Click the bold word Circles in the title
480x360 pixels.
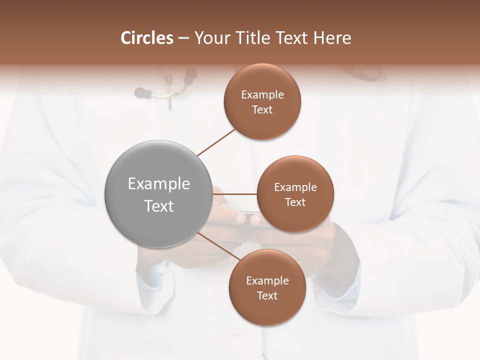pyautogui.click(x=146, y=38)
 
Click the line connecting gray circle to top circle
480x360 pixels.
pyautogui.click(x=216, y=142)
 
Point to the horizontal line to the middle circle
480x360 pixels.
pyautogui.click(x=234, y=193)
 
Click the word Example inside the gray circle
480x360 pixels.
pyautogui.click(x=159, y=184)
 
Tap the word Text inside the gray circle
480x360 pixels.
pyautogui.click(x=159, y=206)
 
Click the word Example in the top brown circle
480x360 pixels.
pyautogui.click(x=262, y=95)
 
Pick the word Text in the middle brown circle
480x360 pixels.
pyautogui.click(x=295, y=202)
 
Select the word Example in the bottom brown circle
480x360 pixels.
pyautogui.click(x=267, y=281)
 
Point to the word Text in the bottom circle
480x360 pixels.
pyautogui.click(x=267, y=296)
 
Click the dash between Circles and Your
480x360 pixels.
pyautogui.click(x=183, y=38)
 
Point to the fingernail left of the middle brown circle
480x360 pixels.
pyautogui.click(x=241, y=218)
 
